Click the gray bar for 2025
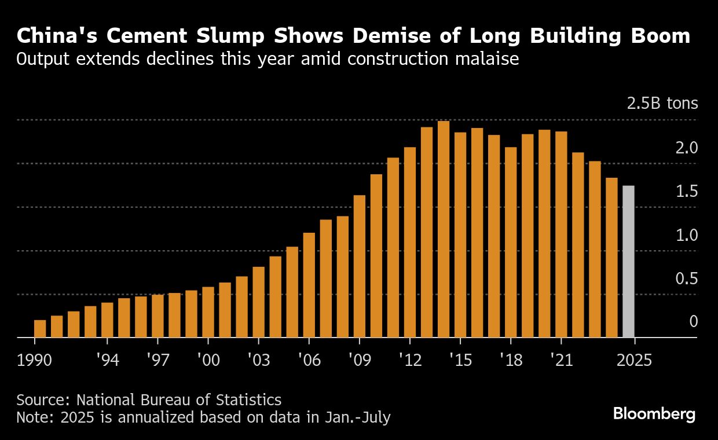pyautogui.click(x=628, y=262)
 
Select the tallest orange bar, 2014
pyautogui.click(x=444, y=229)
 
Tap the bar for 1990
pyautogui.click(x=40, y=328)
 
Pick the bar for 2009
pyautogui.click(x=360, y=266)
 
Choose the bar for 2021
pyautogui.click(x=561, y=234)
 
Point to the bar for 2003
pyautogui.click(x=259, y=302)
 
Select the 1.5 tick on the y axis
pyautogui.click(x=687, y=192)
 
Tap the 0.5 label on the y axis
pyautogui.click(x=687, y=279)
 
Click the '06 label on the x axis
pyautogui.click(x=309, y=360)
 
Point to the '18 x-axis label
pyautogui.click(x=511, y=360)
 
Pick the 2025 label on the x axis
pyautogui.click(x=635, y=360)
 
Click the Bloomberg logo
pyautogui.click(x=654, y=414)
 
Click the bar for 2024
pyautogui.click(x=611, y=258)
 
